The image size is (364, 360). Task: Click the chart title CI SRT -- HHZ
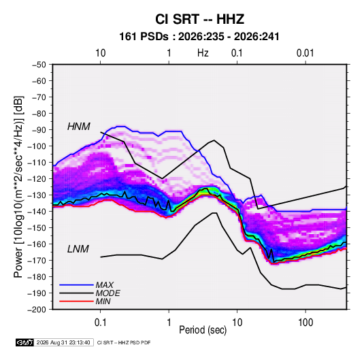pos(199,19)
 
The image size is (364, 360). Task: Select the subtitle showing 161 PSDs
pos(199,37)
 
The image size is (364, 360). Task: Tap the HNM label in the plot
pos(79,127)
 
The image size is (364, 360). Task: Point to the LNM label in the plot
pos(78,249)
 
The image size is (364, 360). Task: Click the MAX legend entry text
pos(105,285)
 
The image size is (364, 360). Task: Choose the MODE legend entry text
pos(108,293)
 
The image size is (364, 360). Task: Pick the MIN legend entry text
pos(103,301)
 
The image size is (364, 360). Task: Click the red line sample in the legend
pos(76,301)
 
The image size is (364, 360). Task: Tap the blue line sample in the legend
pos(76,285)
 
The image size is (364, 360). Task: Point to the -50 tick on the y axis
pos(39,65)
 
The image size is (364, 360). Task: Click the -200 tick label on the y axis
pos(37,310)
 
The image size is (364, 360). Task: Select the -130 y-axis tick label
pos(37,195)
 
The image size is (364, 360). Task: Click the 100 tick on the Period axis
pos(305,323)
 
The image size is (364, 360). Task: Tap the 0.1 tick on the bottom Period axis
pos(100,323)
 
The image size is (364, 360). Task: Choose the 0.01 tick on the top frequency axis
pos(305,53)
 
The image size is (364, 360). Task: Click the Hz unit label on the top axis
pos(203,53)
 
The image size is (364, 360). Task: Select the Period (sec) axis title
pos(203,330)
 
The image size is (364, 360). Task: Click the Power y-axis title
pos(18,187)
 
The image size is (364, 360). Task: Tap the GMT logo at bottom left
pos(25,342)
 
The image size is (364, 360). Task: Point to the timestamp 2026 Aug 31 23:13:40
pos(63,342)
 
